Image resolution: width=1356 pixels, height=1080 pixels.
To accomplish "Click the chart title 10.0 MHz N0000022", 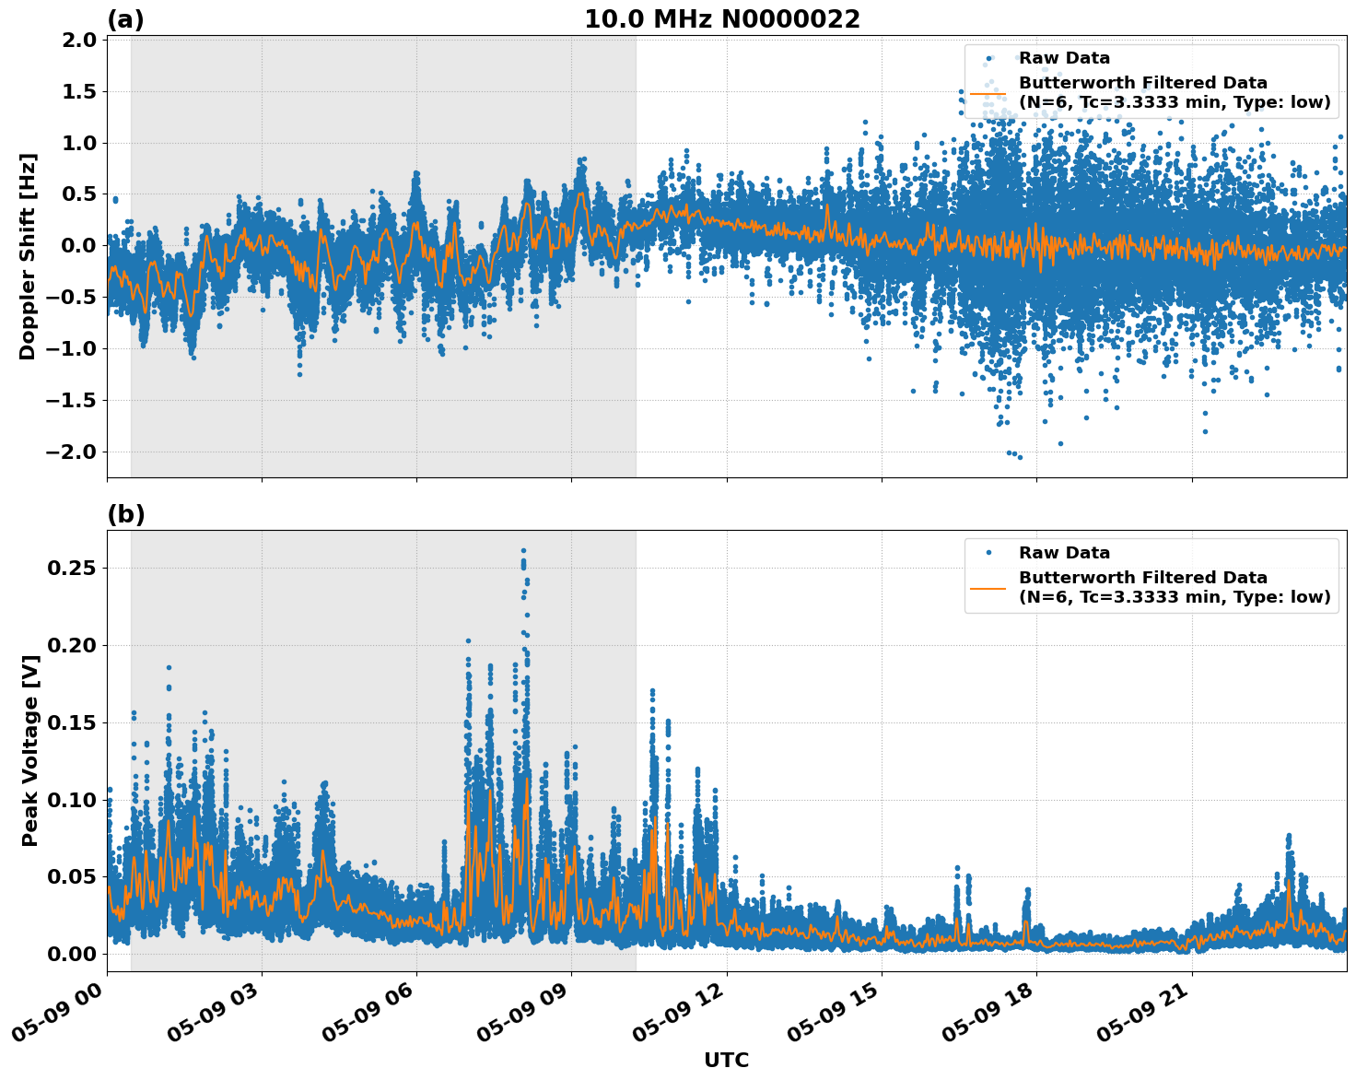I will (721, 19).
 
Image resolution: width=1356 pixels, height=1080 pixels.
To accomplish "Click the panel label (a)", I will (125, 19).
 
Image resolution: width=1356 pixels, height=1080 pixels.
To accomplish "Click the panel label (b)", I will (125, 514).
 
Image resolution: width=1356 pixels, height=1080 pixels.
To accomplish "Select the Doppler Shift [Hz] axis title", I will (28, 256).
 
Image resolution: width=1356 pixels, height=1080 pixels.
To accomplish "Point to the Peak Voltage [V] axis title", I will (30, 770).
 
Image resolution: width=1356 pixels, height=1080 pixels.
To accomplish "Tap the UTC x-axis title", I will (726, 1060).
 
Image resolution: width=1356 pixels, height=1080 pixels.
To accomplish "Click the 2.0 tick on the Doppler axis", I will (80, 40).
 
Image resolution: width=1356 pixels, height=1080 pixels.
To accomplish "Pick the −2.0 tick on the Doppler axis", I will (73, 452).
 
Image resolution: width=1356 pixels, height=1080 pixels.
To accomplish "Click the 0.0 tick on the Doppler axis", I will (80, 245).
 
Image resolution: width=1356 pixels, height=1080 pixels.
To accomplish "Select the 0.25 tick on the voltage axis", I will (73, 569).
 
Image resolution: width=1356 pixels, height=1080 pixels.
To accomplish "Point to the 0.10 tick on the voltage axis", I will (73, 800).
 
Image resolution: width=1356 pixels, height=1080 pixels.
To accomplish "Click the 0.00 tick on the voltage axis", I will (73, 954).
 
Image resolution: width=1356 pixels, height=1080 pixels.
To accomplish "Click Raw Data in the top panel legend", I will (1064, 58).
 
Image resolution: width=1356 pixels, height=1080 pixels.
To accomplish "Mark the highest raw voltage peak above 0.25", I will (523, 551).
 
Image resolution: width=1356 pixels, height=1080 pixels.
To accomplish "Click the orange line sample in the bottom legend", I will (988, 587).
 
